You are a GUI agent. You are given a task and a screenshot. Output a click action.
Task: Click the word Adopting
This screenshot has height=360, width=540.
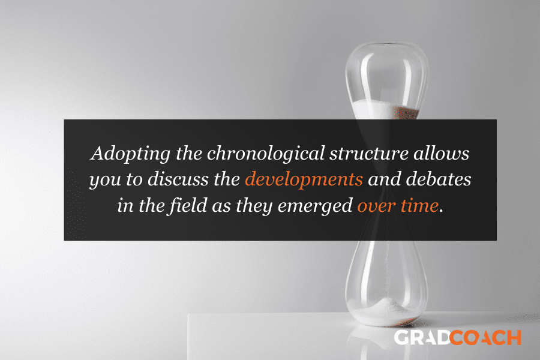pos(130,154)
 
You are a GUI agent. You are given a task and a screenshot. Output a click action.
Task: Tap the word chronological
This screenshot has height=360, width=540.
pos(266,154)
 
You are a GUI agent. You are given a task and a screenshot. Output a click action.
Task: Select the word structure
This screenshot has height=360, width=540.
pos(369,154)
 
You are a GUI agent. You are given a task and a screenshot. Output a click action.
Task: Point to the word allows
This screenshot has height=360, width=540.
pos(442,153)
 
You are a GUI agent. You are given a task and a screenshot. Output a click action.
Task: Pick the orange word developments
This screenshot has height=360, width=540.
pos(304,180)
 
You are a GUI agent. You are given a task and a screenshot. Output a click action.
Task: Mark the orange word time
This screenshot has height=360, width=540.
pos(419,206)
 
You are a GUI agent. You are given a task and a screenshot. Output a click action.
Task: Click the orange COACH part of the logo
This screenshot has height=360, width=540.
pos(485,338)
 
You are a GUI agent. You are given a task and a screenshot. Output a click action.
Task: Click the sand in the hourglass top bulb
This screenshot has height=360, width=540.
pos(386,110)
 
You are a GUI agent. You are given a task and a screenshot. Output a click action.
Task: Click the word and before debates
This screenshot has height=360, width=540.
pos(385,179)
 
